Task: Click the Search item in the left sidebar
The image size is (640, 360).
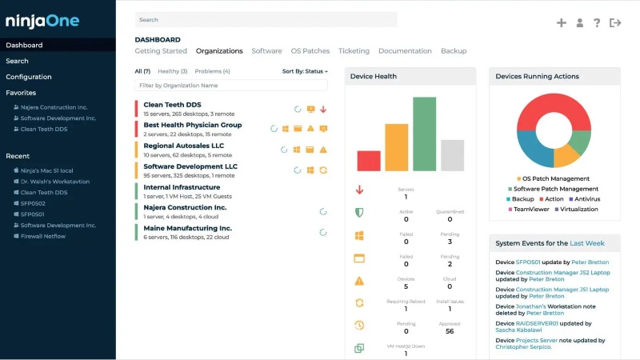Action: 17,61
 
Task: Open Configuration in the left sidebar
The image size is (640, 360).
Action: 29,77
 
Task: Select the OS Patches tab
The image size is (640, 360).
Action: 310,51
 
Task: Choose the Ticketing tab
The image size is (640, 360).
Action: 354,51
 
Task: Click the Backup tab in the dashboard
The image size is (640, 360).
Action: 454,51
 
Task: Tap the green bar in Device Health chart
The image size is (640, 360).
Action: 424,134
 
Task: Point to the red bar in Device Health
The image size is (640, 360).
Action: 369,160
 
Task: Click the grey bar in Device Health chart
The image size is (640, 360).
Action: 452,155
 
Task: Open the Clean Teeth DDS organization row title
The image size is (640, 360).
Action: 172,105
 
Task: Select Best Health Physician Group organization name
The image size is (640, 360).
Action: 192,126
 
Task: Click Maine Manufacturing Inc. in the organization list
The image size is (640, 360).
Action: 187,228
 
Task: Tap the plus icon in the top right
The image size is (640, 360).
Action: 562,23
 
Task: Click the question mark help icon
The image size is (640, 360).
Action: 597,23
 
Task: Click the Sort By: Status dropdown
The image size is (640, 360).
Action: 305,71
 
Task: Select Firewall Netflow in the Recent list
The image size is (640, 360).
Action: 43,236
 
